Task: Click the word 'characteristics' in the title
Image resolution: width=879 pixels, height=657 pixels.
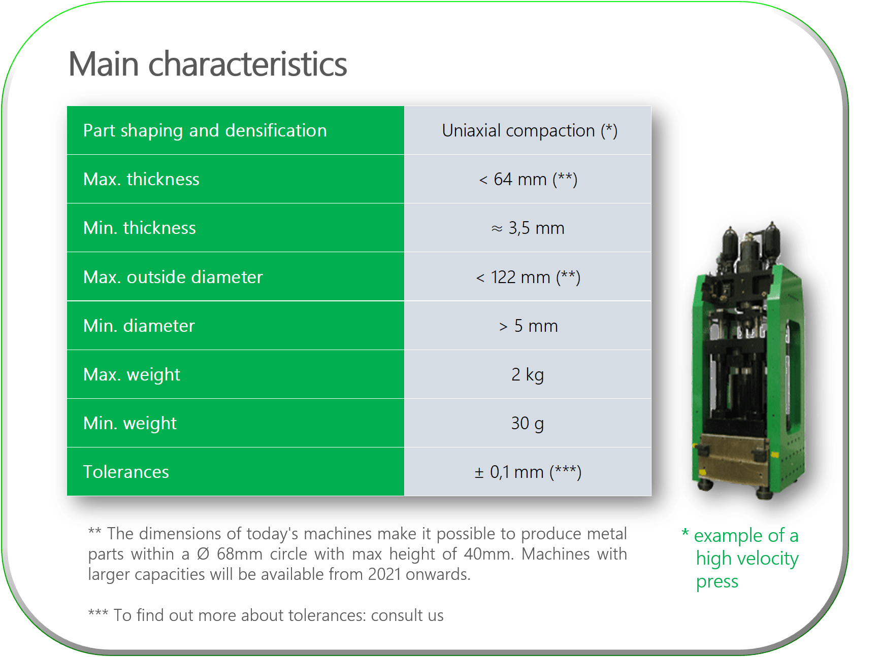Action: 248,64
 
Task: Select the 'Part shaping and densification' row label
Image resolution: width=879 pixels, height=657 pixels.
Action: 205,131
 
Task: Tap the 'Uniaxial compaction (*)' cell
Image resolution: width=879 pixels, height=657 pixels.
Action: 530,131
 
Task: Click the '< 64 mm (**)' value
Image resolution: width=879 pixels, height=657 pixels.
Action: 528,180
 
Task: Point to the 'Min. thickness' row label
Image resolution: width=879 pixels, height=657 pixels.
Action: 140,228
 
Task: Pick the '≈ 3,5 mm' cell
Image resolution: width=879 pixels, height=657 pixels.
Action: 528,228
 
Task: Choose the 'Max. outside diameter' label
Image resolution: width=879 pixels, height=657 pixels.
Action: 173,277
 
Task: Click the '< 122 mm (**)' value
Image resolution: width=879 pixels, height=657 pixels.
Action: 528,278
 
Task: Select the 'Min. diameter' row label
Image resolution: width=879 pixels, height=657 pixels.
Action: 139,326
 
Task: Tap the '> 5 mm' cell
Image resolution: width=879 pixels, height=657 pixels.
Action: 528,326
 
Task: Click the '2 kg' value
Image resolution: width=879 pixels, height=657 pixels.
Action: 528,375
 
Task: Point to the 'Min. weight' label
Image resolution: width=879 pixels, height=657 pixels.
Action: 130,424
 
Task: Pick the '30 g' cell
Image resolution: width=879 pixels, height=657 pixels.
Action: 528,424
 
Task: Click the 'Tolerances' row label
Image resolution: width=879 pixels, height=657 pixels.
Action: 126,472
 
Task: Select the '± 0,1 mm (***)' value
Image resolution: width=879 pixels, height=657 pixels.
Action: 528,472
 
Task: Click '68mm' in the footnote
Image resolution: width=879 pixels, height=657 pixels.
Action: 240,554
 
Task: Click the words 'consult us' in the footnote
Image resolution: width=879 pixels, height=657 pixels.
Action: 407,615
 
